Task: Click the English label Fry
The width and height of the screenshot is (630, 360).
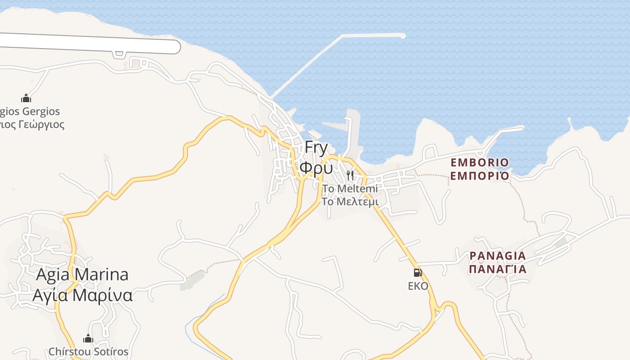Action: click(316, 148)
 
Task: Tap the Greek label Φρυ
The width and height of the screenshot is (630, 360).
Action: click(316, 168)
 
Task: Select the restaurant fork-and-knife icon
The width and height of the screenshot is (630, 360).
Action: click(350, 175)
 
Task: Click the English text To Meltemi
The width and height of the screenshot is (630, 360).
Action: click(350, 189)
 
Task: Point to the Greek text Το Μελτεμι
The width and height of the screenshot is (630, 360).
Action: click(350, 202)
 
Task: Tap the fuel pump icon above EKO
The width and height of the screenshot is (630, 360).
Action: click(418, 272)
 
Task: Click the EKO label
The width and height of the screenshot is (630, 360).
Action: click(418, 286)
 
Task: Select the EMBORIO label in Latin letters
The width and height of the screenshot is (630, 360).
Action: click(480, 162)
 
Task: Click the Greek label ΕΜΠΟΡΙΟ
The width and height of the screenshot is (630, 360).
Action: click(480, 175)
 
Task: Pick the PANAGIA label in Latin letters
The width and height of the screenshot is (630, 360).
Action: click(497, 256)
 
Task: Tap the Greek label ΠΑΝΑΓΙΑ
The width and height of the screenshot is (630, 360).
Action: click(497, 269)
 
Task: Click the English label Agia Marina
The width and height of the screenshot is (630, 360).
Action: click(82, 274)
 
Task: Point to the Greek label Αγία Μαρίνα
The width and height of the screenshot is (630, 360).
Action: click(82, 295)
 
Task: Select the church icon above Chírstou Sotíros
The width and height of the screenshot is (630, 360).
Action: click(88, 338)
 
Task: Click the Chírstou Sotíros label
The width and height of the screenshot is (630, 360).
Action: click(88, 351)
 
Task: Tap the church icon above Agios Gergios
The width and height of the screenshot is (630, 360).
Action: click(26, 98)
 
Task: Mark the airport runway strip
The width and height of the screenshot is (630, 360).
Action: click(90, 43)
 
